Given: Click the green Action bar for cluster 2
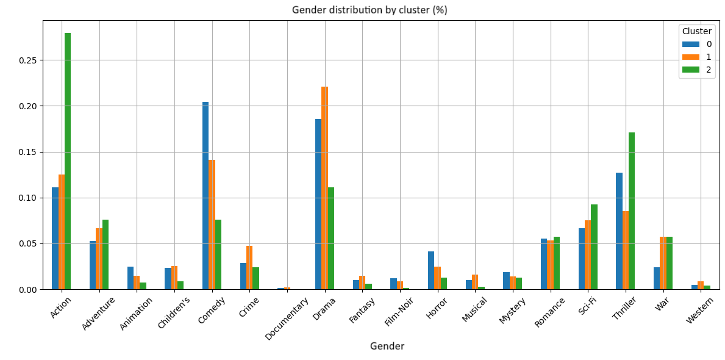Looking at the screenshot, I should pos(68,161).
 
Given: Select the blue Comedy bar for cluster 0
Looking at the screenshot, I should pos(205,195).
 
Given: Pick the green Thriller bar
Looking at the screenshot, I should pos(632,211).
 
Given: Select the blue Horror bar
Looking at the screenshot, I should pos(431,270).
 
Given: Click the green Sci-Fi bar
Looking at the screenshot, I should pos(594,247).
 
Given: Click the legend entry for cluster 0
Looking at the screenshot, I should pos(697,44).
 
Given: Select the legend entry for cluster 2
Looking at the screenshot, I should pos(697,70).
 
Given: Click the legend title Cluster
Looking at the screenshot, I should pos(696,31).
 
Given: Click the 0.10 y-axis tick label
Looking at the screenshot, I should pos(28,198).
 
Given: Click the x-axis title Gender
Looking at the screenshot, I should pos(387,346).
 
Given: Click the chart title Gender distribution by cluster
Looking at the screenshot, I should pos(370,10).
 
